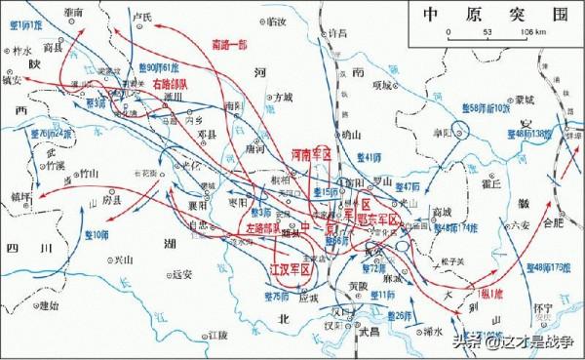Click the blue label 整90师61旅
(158, 66)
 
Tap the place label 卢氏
(141, 18)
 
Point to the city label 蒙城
(526, 100)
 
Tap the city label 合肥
(552, 222)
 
